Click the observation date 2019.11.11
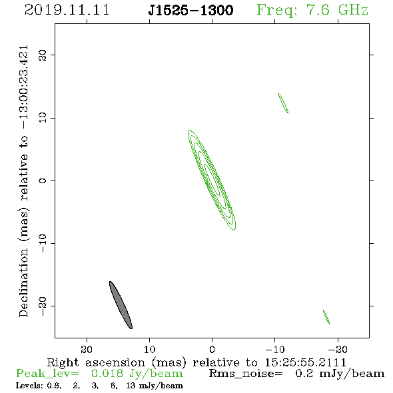[x=67, y=10]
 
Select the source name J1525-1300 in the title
[x=191, y=10]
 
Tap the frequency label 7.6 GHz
[x=337, y=10]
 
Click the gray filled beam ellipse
[x=121, y=305]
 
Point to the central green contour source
[x=212, y=180]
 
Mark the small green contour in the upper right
[x=284, y=103]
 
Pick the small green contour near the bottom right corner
[x=326, y=317]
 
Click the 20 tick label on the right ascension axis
[x=87, y=350]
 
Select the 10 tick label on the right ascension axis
[x=150, y=350]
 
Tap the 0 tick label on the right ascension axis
[x=212, y=350]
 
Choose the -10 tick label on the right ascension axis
[x=275, y=350]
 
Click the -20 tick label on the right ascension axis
[x=338, y=350]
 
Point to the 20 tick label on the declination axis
[x=43, y=55]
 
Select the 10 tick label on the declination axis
[x=43, y=118]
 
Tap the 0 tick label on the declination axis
[x=43, y=181]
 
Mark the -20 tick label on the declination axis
[x=43, y=306]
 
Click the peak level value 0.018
[x=107, y=374]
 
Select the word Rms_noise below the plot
[x=246, y=374]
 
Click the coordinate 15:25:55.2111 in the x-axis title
[x=306, y=362]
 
